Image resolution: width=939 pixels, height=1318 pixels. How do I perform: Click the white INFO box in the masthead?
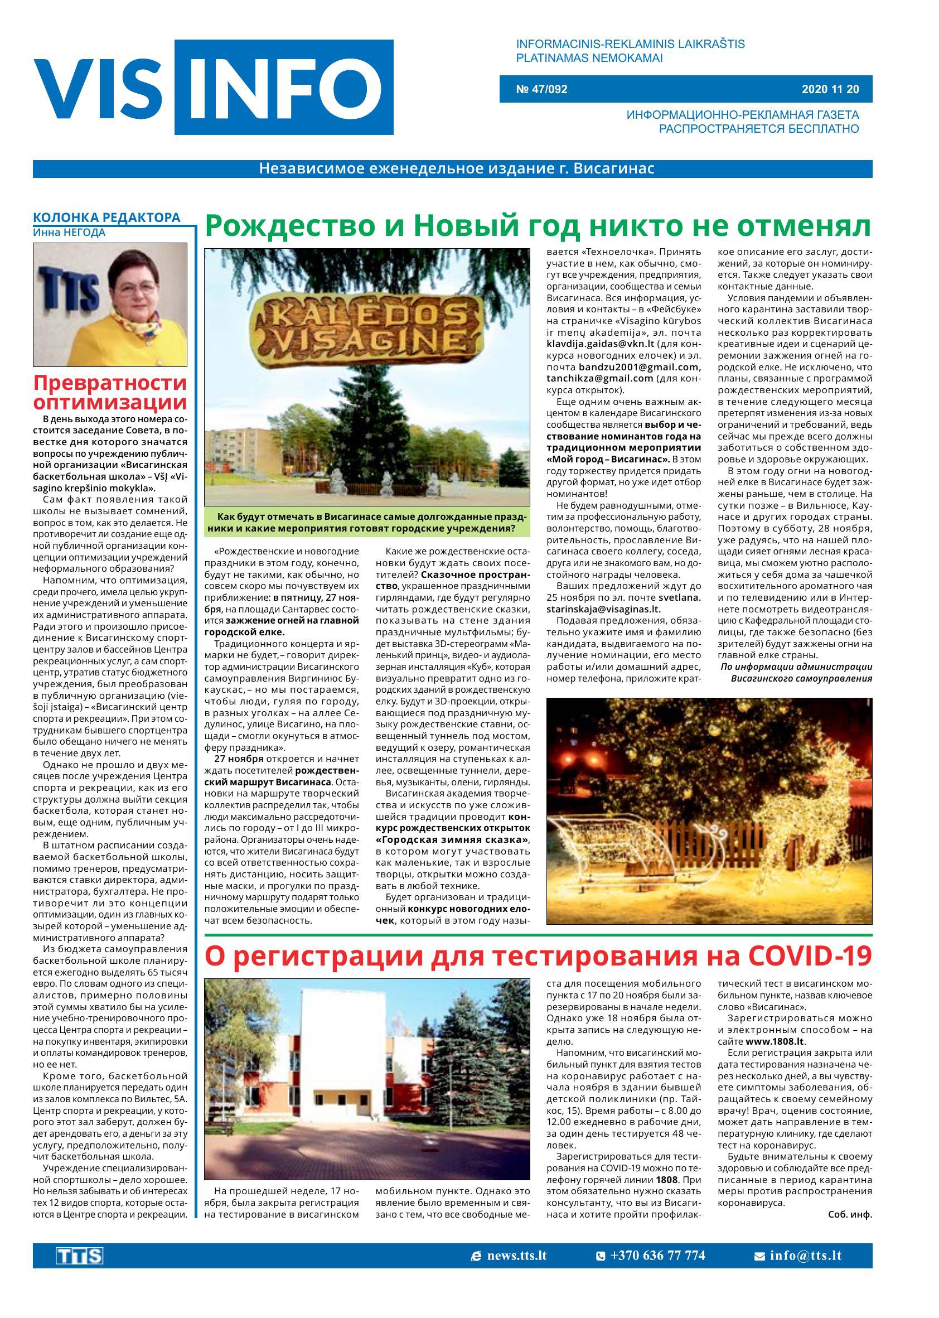[284, 87]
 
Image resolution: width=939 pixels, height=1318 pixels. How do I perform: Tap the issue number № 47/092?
[541, 90]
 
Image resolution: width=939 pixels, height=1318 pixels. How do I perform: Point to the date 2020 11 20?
[830, 90]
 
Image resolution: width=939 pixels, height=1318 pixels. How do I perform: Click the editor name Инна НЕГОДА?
[69, 233]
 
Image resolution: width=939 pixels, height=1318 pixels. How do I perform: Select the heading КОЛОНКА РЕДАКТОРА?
[107, 218]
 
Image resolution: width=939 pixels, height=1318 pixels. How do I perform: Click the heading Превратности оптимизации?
[110, 392]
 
